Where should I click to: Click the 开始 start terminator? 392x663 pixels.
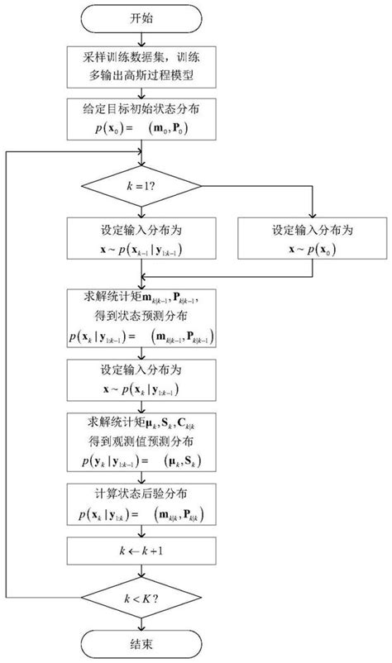(x=146, y=17)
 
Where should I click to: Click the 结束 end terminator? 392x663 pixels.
(x=146, y=644)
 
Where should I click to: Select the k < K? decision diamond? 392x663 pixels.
(x=146, y=594)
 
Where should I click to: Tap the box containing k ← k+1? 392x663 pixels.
(x=146, y=549)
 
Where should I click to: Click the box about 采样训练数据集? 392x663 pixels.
(x=146, y=66)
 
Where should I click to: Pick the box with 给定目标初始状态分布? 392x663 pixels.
(x=146, y=120)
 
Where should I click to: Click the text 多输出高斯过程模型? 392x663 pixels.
(x=146, y=75)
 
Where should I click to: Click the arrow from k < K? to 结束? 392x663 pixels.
(x=146, y=619)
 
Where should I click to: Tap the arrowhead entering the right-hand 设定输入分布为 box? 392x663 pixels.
(x=312, y=214)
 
